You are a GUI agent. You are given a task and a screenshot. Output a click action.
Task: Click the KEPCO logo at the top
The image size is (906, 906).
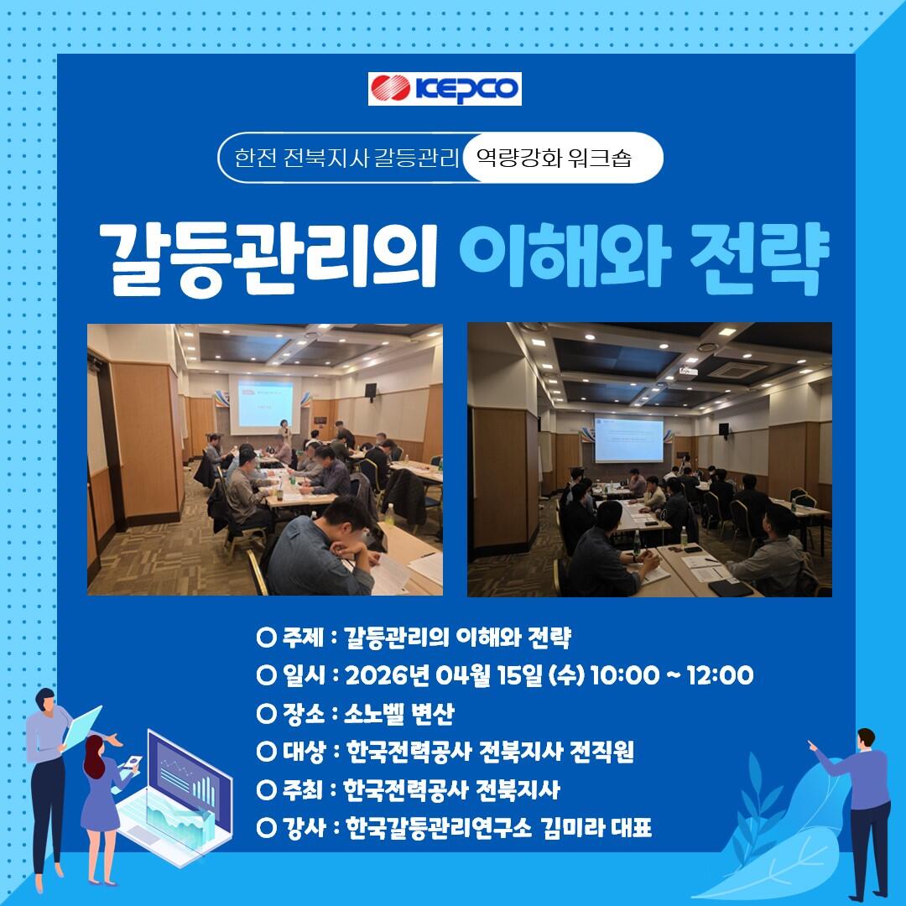(445, 88)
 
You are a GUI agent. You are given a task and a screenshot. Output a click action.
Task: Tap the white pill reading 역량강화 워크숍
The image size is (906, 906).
(561, 158)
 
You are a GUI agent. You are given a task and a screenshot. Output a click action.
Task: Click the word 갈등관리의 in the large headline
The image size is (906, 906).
(268, 257)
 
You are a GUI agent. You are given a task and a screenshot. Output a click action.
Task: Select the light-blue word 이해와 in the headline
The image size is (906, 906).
(565, 254)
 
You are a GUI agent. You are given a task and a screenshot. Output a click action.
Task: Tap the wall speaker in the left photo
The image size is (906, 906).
(371, 390)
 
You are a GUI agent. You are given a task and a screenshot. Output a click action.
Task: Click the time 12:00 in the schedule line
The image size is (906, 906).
(720, 674)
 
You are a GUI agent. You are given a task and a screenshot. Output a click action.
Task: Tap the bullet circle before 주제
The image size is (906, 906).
(267, 638)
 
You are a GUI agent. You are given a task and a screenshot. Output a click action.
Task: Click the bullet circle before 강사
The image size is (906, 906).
(267, 828)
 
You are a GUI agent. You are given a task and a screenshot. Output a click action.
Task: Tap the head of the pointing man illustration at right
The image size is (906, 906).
(866, 738)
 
